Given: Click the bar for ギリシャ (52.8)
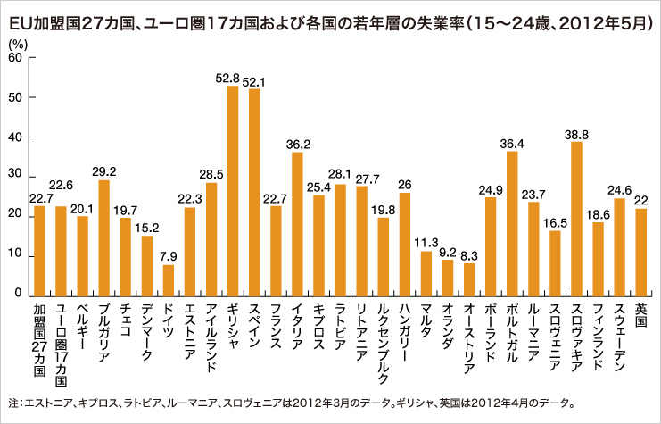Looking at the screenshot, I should point(233,191).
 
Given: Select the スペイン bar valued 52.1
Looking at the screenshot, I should point(254,193).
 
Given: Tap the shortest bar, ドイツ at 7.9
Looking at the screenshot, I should point(169,280).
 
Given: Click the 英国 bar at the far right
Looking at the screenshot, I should point(640,252).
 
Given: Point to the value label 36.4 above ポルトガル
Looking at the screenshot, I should point(512,142).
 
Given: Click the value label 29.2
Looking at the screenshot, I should point(104,170).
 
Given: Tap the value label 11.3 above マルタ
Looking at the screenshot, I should point(426,242).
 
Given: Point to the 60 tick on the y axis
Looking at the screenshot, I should point(16,58).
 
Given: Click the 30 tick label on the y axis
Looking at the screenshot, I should point(16,177).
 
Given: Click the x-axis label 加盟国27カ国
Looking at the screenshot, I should point(39,336).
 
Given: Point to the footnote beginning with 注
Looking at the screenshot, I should point(294,402).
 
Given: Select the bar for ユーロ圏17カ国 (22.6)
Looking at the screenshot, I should point(61,251).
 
